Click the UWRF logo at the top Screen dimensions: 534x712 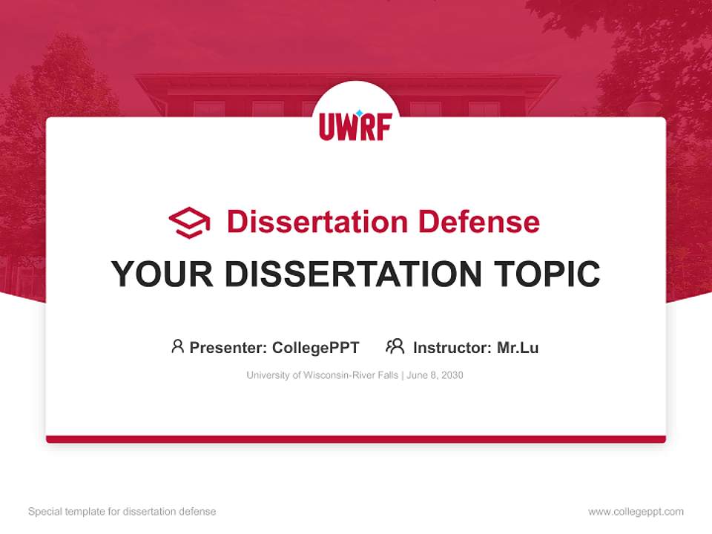click(x=355, y=125)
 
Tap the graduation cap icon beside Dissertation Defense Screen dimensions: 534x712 click(x=189, y=222)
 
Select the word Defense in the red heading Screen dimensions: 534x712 click(x=478, y=222)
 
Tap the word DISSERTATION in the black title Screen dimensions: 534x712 click(x=355, y=274)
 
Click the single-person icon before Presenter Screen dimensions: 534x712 click(x=177, y=346)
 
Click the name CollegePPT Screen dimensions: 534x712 click(x=315, y=347)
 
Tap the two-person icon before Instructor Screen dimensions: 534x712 click(x=395, y=346)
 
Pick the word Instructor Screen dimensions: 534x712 click(x=452, y=347)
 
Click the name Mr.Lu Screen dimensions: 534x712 click(x=518, y=347)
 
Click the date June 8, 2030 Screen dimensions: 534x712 click(x=435, y=375)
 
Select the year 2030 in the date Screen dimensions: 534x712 click(x=451, y=375)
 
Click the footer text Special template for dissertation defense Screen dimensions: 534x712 click(x=122, y=512)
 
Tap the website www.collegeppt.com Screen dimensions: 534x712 click(x=636, y=512)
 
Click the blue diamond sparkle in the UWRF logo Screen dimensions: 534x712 click(x=360, y=113)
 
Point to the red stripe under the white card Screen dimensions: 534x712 click(x=355, y=439)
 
